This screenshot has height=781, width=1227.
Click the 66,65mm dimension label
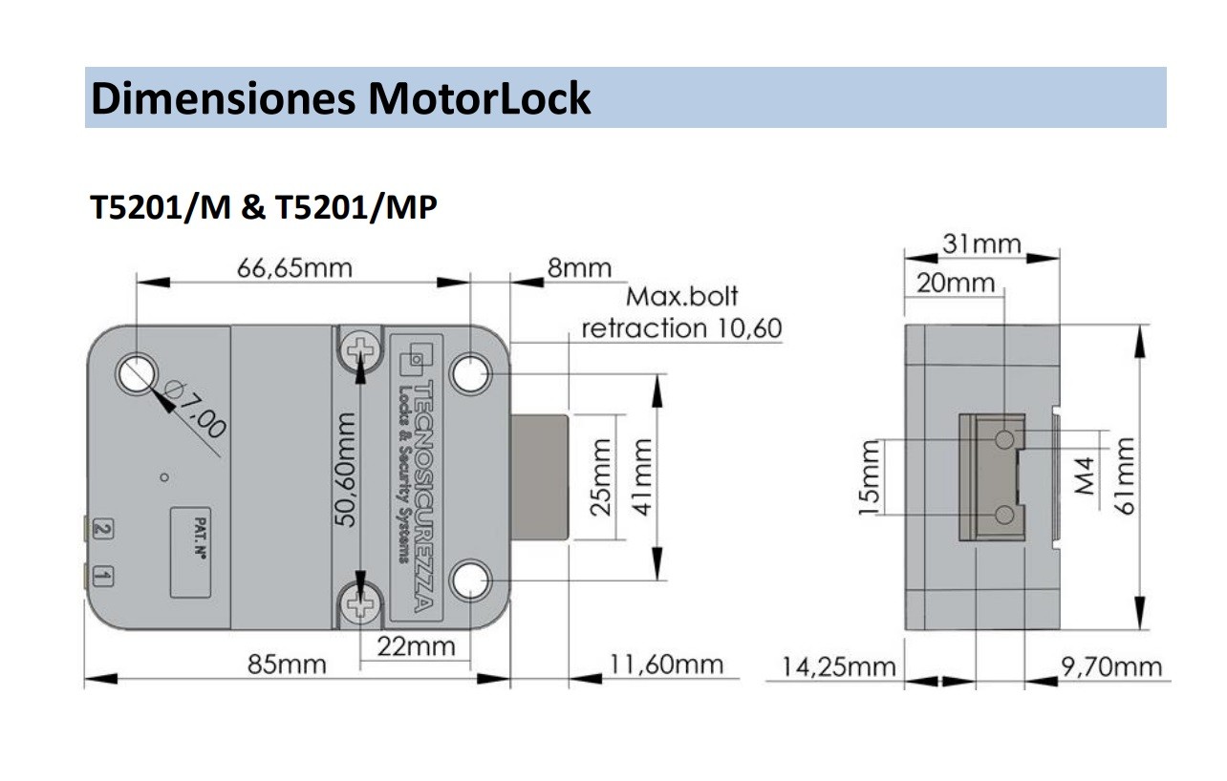pyautogui.click(x=294, y=268)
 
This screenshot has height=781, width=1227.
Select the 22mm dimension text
pyautogui.click(x=416, y=646)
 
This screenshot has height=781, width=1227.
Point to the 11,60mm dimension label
pyautogui.click(x=667, y=665)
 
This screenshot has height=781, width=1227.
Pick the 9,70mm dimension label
pyautogui.click(x=1112, y=666)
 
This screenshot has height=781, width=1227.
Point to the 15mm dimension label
pyautogui.click(x=868, y=477)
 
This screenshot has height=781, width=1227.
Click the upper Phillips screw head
pyautogui.click(x=361, y=349)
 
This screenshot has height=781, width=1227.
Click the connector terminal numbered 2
pyautogui.click(x=104, y=528)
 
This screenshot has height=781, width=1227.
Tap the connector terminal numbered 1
pyautogui.click(x=104, y=576)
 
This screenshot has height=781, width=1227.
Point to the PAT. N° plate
pyautogui.click(x=191, y=552)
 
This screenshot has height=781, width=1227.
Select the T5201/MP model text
pyautogui.click(x=355, y=207)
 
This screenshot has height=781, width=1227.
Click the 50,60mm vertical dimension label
pyautogui.click(x=346, y=468)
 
